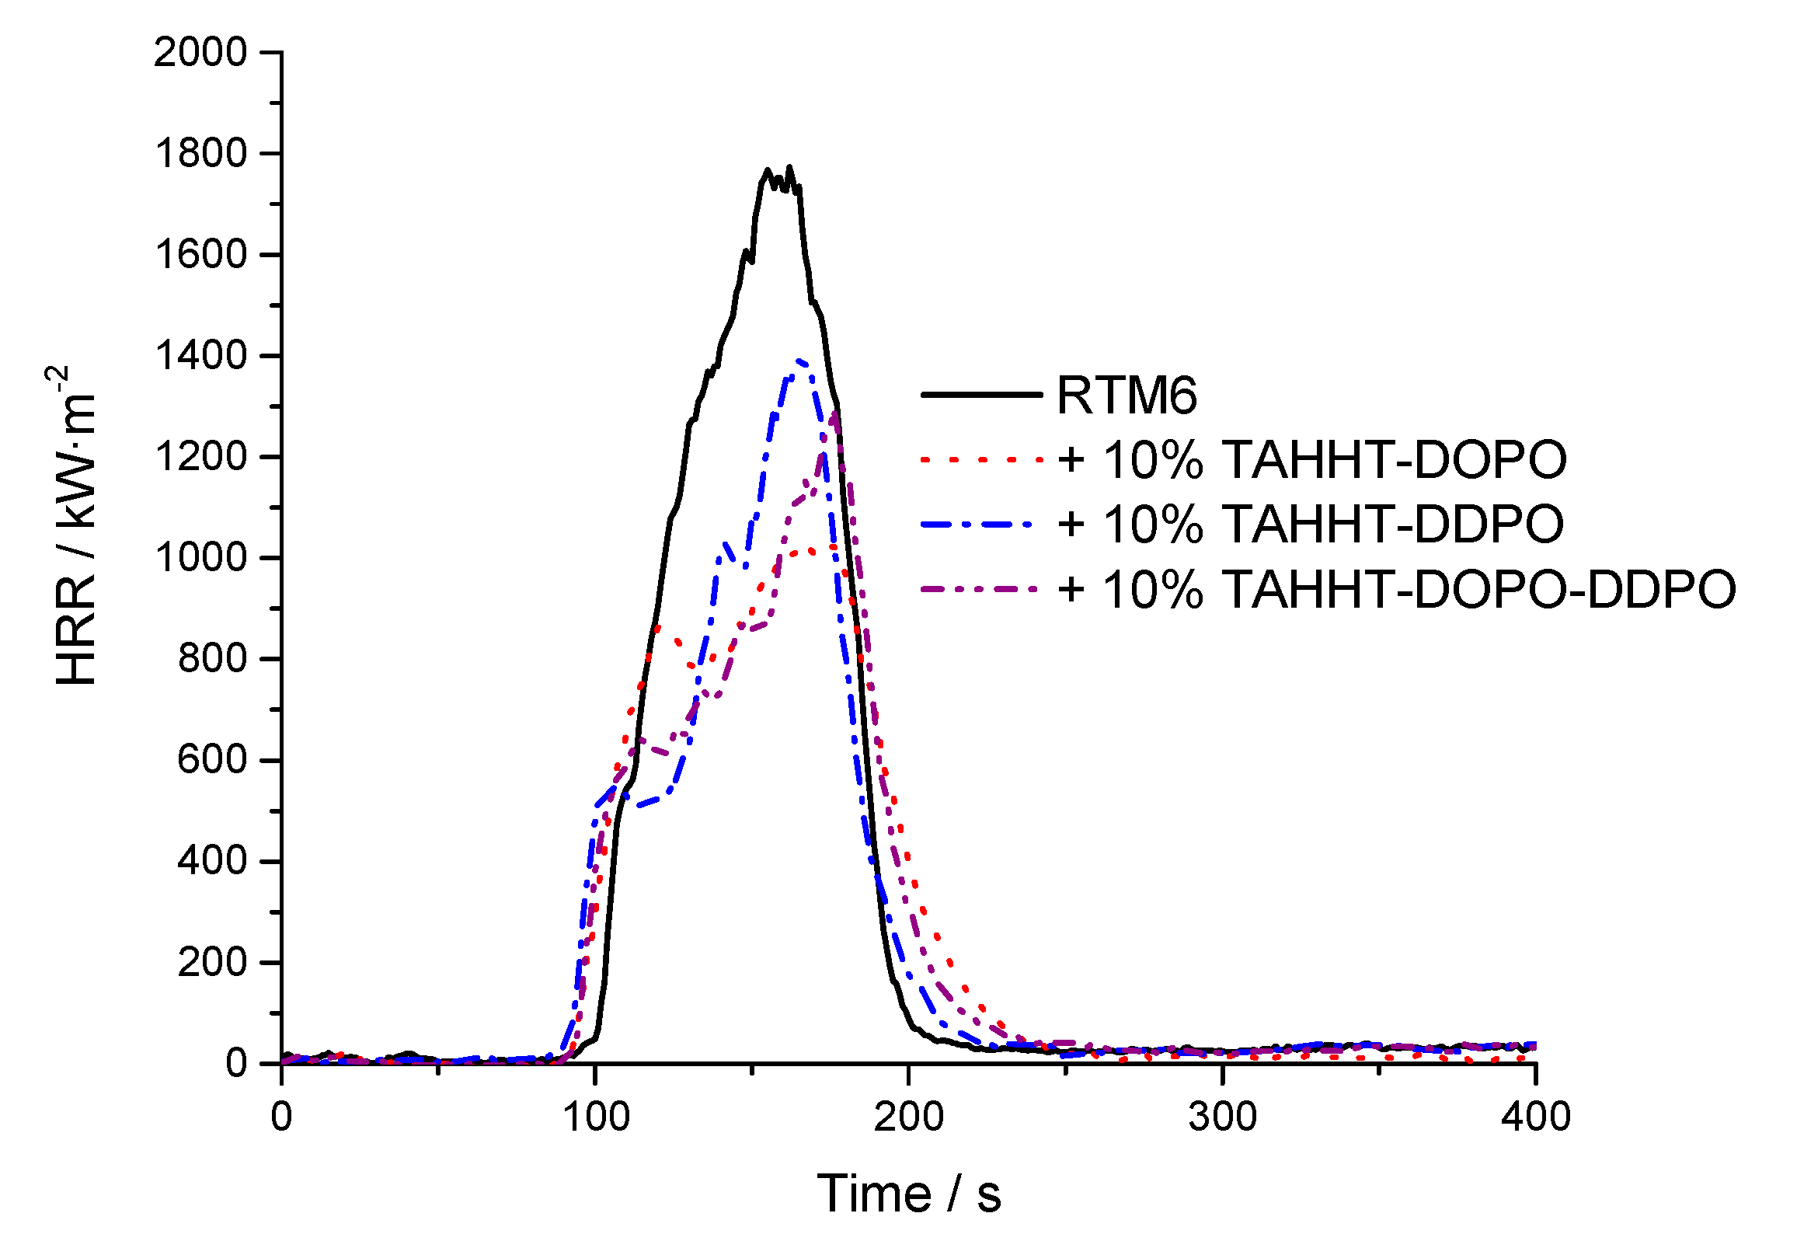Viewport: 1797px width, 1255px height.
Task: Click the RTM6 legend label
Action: [1127, 395]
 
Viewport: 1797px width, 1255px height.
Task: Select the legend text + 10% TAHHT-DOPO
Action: [1311, 459]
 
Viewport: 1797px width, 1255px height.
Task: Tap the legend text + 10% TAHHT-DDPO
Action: [1310, 524]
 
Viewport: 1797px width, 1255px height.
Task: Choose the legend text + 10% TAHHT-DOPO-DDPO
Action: [1396, 589]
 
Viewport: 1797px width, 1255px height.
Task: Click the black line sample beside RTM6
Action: [981, 395]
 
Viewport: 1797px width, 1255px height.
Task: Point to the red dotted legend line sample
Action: [981, 459]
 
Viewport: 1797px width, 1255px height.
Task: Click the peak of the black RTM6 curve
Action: [789, 167]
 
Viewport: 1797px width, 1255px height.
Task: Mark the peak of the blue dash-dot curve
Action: [799, 361]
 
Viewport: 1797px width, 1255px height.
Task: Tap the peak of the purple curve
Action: [835, 413]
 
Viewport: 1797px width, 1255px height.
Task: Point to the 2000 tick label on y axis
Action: [200, 54]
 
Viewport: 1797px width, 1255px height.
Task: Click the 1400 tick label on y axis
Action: [200, 356]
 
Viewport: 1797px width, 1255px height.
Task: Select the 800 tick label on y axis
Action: [211, 659]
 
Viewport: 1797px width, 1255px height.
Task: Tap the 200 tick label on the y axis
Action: [211, 962]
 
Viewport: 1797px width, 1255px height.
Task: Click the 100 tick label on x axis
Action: [596, 1117]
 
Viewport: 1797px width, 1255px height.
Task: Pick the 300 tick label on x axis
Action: [1223, 1117]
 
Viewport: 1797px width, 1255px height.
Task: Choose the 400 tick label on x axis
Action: [1536, 1117]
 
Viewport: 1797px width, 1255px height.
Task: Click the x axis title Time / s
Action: [909, 1194]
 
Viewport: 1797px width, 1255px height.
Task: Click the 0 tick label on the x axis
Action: [282, 1117]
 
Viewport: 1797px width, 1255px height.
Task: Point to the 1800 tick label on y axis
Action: [200, 154]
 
